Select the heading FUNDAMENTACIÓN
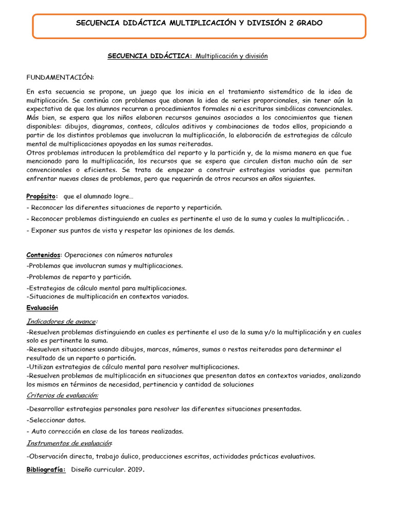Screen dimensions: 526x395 tap(60, 77)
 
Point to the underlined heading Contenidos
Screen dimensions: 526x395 tap(43, 255)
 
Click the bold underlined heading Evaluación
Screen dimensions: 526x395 tap(42, 308)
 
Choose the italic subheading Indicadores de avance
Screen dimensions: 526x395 tap(61, 321)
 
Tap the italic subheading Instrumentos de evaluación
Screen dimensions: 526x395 tap(69, 443)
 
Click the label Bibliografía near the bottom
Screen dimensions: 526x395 tap(46, 469)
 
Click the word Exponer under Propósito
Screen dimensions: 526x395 tap(43, 231)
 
